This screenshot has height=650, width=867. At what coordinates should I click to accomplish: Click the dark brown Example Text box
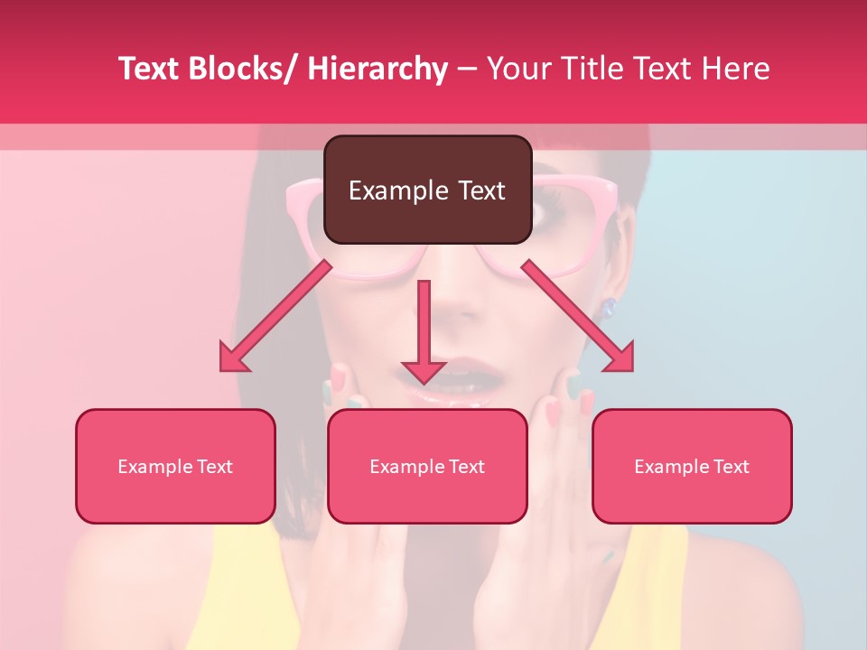(x=427, y=190)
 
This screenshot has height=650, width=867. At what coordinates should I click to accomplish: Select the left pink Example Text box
(x=175, y=466)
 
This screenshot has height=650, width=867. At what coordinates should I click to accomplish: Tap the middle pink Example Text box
(x=427, y=466)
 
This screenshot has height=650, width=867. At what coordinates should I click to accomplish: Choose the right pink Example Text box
(x=692, y=466)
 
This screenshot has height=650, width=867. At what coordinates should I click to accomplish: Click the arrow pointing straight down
(x=424, y=334)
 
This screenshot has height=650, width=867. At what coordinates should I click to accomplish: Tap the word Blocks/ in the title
(x=241, y=69)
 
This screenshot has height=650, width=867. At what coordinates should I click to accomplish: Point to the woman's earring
(x=609, y=307)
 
